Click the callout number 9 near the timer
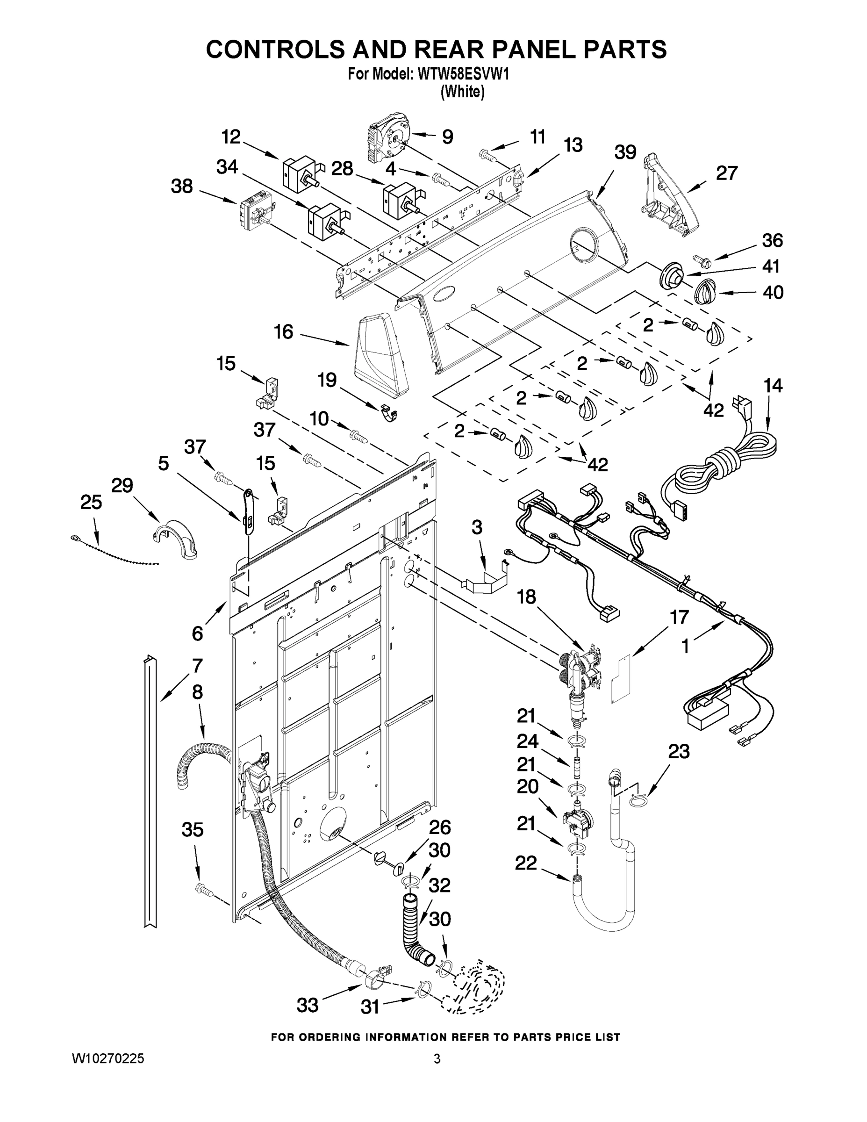pyautogui.click(x=447, y=137)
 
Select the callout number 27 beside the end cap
pyautogui.click(x=727, y=173)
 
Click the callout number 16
pyautogui.click(x=284, y=332)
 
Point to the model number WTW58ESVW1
pyautogui.click(x=463, y=75)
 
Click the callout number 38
pyautogui.click(x=182, y=186)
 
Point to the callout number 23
pyautogui.click(x=679, y=752)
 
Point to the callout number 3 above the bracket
pyautogui.click(x=477, y=527)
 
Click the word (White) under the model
pyautogui.click(x=462, y=92)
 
